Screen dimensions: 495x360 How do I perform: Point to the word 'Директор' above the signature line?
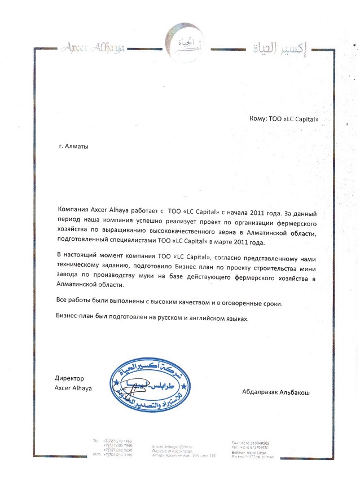pyautogui.click(x=69, y=379)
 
